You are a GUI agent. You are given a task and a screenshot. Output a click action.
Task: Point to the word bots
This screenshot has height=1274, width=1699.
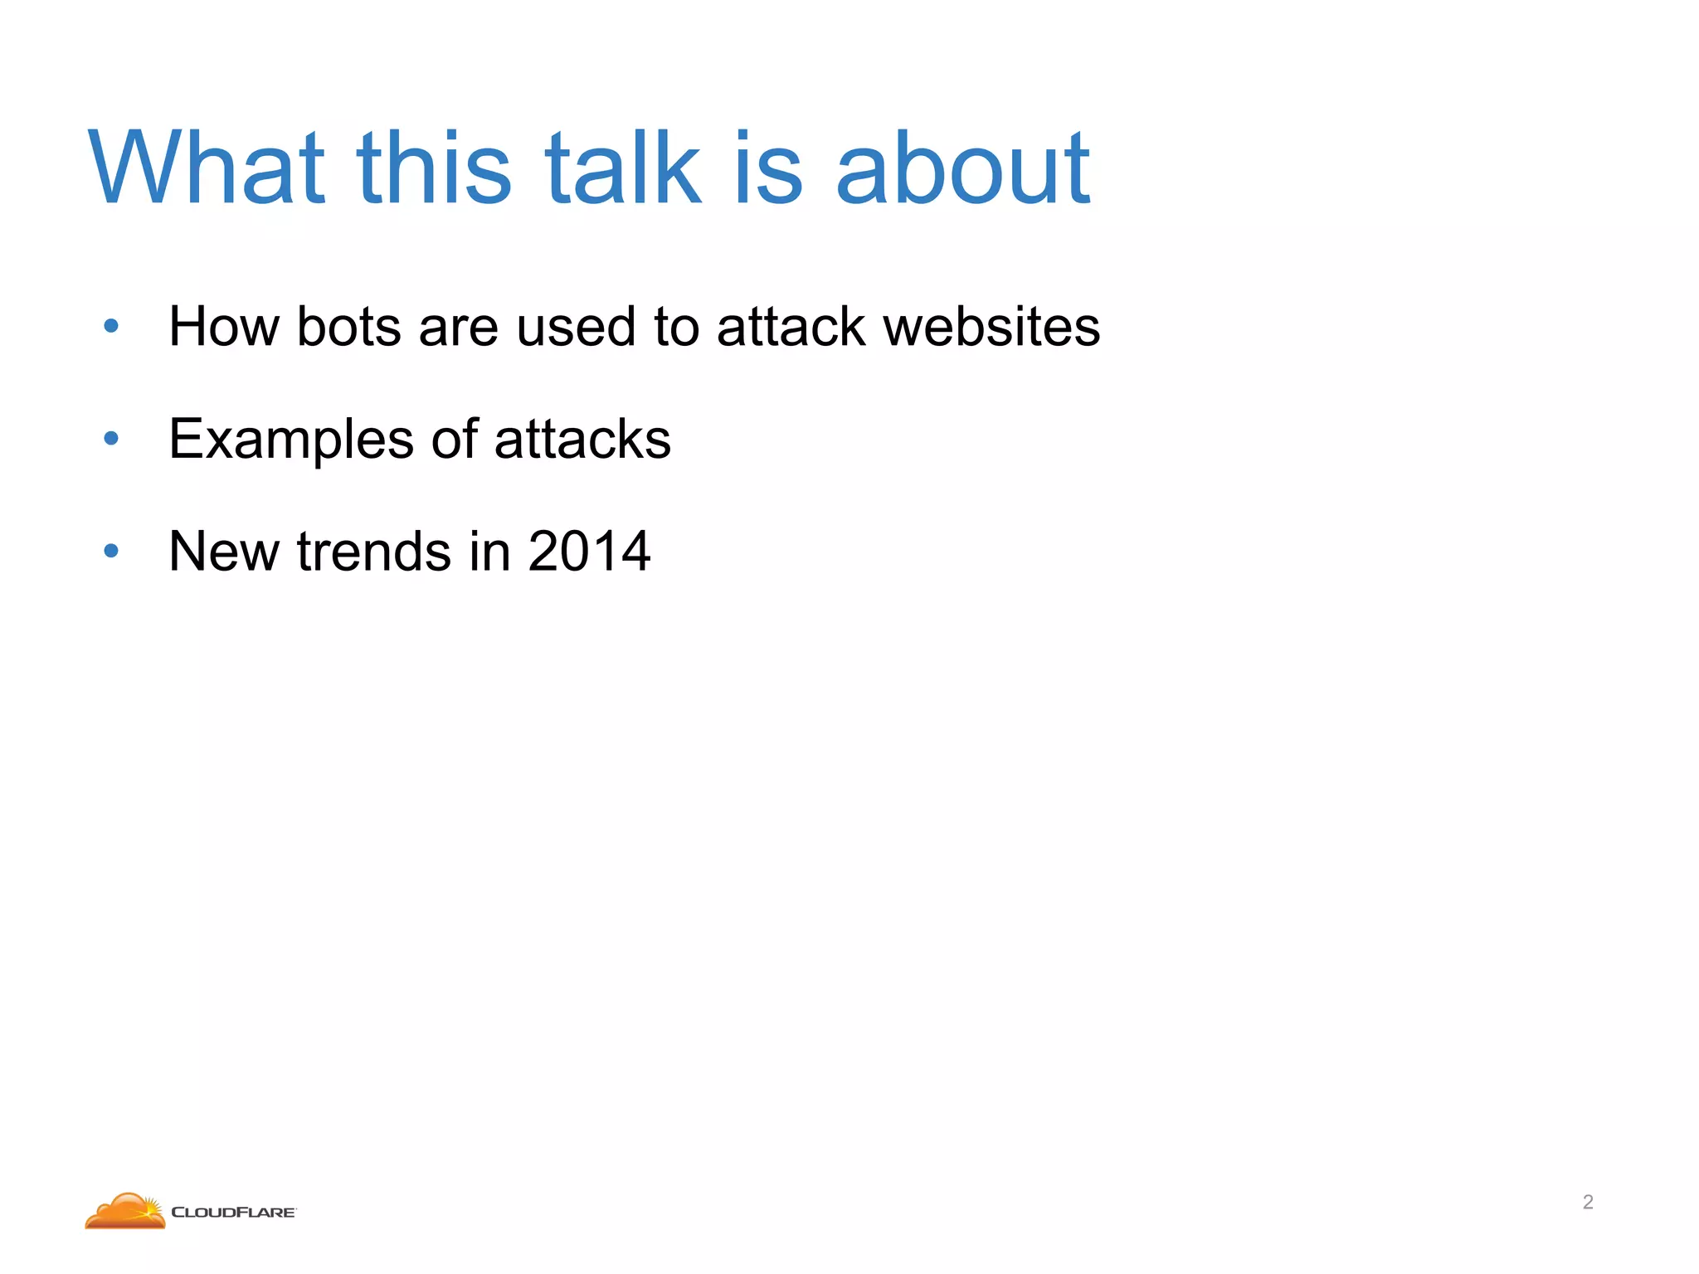click(349, 327)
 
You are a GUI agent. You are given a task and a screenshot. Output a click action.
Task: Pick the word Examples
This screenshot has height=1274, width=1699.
click(290, 440)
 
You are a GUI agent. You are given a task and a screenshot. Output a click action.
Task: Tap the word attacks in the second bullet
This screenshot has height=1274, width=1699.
click(582, 440)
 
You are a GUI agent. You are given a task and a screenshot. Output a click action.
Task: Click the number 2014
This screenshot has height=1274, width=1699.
click(589, 552)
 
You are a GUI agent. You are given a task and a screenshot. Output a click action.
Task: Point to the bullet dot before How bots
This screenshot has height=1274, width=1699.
click(111, 327)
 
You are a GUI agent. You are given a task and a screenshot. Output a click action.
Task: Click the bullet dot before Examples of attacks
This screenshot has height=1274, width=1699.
click(111, 439)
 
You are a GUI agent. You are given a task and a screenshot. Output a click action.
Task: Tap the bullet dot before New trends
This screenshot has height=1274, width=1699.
click(111, 551)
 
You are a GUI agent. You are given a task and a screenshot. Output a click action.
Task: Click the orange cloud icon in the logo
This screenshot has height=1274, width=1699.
click(125, 1211)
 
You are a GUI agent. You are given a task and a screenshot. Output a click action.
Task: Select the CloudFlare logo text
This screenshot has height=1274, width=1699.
click(233, 1213)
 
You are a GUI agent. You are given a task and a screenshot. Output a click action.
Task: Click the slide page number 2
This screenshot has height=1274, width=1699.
click(1588, 1202)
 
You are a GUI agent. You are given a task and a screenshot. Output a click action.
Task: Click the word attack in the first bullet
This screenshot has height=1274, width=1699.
click(791, 327)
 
